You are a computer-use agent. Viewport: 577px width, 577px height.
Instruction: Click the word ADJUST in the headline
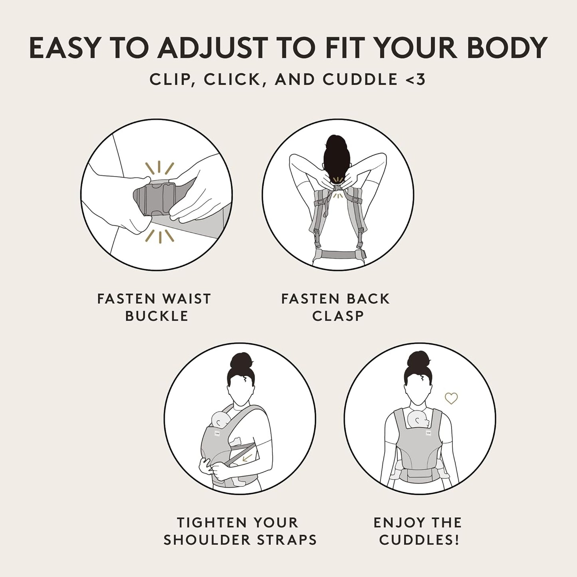212,48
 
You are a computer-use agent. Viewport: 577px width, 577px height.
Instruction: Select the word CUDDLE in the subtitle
359,79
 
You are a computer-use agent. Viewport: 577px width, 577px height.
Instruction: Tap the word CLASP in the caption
338,316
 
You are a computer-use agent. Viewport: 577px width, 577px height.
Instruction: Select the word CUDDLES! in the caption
419,540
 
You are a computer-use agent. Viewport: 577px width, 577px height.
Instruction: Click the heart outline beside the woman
451,398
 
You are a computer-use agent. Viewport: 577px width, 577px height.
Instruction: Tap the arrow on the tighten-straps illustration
248,457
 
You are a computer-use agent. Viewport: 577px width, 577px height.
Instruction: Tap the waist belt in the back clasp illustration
339,254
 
